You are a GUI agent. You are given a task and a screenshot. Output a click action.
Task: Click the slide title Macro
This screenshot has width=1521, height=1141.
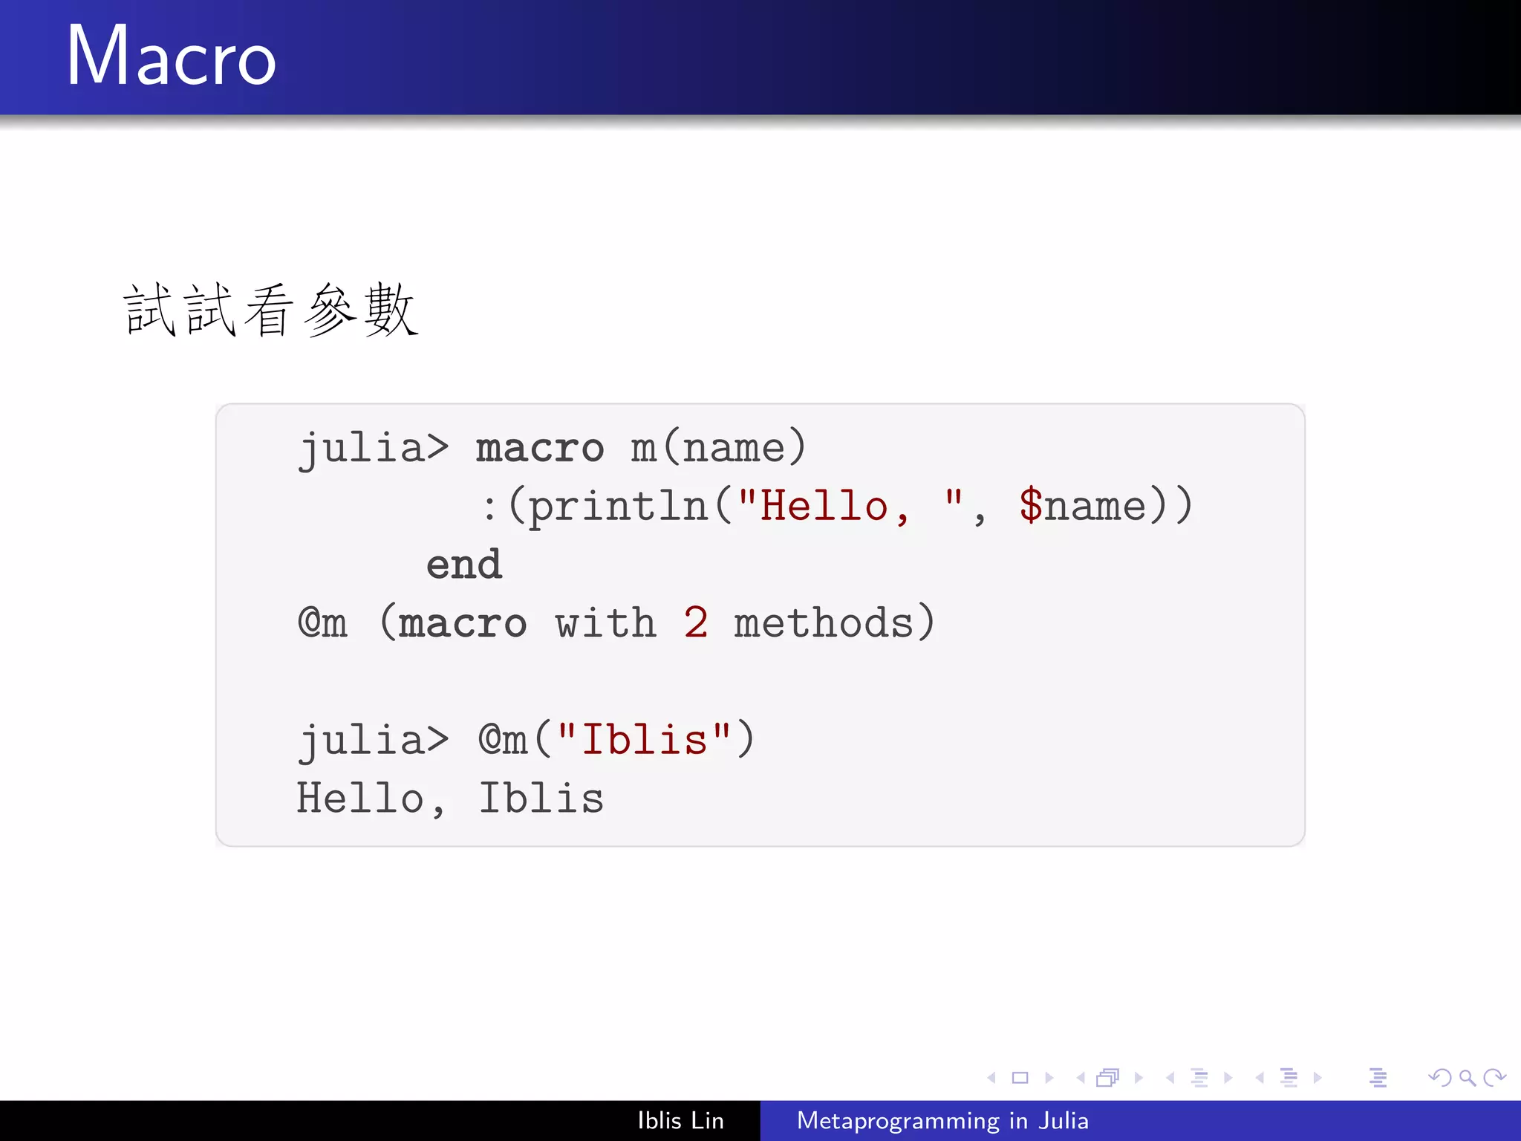pyautogui.click(x=172, y=56)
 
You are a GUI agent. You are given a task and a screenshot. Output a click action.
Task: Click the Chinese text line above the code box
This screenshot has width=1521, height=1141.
pyautogui.click(x=271, y=311)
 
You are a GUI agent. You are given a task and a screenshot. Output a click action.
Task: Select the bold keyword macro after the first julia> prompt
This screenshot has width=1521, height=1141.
pyautogui.click(x=539, y=449)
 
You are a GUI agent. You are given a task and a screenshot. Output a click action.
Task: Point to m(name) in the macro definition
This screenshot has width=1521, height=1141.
pyautogui.click(x=718, y=447)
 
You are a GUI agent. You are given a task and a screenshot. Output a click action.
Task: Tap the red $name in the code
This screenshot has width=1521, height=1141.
pyautogui.click(x=1082, y=507)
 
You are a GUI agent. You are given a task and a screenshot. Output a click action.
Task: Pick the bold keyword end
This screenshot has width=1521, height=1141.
pyautogui.click(x=464, y=565)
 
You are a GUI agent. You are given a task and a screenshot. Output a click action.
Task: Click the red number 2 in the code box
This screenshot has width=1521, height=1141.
pyautogui.click(x=695, y=622)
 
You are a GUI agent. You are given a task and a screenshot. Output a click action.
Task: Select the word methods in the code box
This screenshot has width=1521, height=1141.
pyautogui.click(x=823, y=622)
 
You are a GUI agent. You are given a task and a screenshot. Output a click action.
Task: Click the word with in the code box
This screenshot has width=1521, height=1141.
pyautogui.click(x=605, y=622)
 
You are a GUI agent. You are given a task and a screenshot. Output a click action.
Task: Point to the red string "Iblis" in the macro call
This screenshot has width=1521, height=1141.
pyautogui.click(x=644, y=740)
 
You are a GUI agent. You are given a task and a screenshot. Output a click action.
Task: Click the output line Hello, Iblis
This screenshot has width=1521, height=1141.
pyautogui.click(x=450, y=799)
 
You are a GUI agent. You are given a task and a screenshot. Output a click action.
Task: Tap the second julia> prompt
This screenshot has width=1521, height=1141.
pyautogui.click(x=374, y=741)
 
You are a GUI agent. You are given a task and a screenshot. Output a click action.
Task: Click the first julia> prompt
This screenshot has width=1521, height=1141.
pyautogui.click(x=374, y=449)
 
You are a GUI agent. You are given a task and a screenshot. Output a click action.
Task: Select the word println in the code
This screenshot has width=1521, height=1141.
pyautogui.click(x=618, y=507)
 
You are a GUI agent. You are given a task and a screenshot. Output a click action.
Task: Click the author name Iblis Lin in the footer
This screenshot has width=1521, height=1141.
pyautogui.click(x=680, y=1120)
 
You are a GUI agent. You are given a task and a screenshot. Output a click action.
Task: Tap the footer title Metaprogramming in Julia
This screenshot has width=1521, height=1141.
pyautogui.click(x=942, y=1120)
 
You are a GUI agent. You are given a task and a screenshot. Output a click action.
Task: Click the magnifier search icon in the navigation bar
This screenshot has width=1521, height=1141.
pyautogui.click(x=1466, y=1077)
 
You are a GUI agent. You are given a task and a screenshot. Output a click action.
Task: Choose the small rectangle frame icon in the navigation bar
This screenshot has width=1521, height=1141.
pyautogui.click(x=1020, y=1077)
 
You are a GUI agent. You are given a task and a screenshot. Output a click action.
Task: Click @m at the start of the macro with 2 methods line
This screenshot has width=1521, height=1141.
pyautogui.click(x=322, y=622)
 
